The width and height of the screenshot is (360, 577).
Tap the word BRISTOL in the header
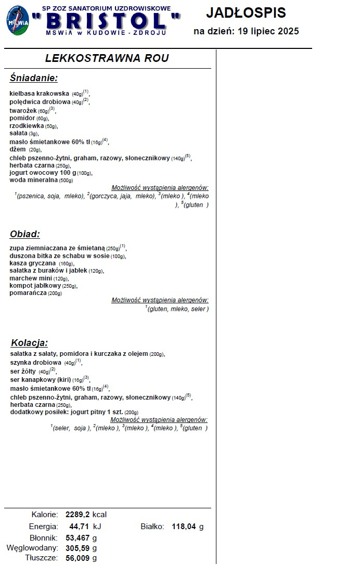[x=106, y=21]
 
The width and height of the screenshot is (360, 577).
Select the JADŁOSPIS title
[x=246, y=12]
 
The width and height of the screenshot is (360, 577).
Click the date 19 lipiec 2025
[x=268, y=31]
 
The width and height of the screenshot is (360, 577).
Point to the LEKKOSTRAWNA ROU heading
[x=107, y=58]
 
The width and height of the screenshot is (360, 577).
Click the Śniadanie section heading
[x=33, y=78]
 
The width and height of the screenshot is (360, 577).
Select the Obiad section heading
[x=25, y=234]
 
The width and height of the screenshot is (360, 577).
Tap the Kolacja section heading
[x=30, y=343]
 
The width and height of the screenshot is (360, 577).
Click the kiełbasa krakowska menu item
[x=40, y=94]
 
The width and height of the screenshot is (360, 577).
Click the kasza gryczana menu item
[x=32, y=263]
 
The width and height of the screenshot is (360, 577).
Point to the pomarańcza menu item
[x=28, y=293]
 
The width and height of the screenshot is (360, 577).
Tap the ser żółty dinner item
[x=22, y=371]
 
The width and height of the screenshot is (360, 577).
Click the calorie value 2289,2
[x=78, y=515]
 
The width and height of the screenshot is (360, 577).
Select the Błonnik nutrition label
[x=44, y=537]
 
